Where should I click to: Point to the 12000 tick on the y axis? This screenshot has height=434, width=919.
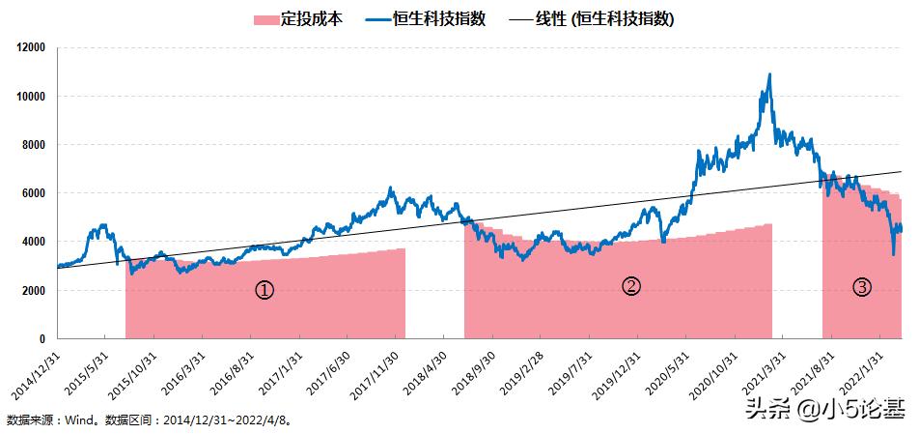pyautogui.click(x=32, y=47)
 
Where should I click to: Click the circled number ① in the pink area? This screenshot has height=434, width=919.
pyautogui.click(x=265, y=289)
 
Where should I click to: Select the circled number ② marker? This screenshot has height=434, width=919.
pyautogui.click(x=630, y=286)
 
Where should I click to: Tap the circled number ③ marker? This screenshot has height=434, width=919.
pyautogui.click(x=862, y=286)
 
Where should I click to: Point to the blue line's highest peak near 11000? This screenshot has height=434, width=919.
pyautogui.click(x=769, y=74)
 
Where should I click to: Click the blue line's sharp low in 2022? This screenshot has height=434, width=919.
pyautogui.click(x=893, y=254)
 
